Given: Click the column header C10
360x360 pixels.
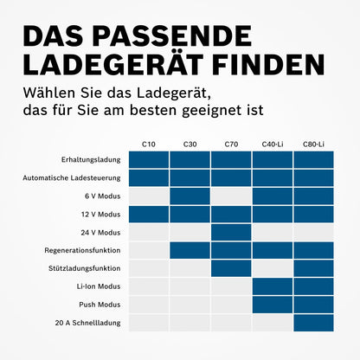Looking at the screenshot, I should click(x=149, y=143).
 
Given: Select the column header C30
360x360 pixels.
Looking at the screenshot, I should click(x=190, y=143).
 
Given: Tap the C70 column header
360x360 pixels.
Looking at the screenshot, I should click(x=230, y=143).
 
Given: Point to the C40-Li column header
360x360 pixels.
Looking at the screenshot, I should click(x=272, y=143).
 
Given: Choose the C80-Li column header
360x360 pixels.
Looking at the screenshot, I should click(x=313, y=143).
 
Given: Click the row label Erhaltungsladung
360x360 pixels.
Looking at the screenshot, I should click(x=91, y=159).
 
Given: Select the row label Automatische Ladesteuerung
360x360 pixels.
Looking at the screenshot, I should click(x=72, y=177).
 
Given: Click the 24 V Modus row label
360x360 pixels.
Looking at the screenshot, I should click(x=102, y=232).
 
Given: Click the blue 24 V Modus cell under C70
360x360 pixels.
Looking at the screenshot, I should click(x=230, y=232).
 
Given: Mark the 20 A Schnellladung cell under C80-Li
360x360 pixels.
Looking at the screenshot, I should click(x=313, y=323).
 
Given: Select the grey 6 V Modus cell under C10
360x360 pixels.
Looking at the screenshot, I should click(x=149, y=196).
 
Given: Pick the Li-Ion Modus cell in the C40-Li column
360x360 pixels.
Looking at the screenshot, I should click(x=272, y=286).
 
